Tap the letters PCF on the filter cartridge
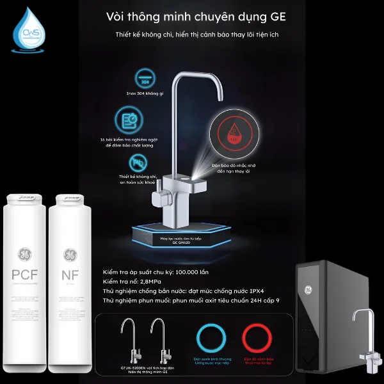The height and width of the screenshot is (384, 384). coord(26,275)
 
